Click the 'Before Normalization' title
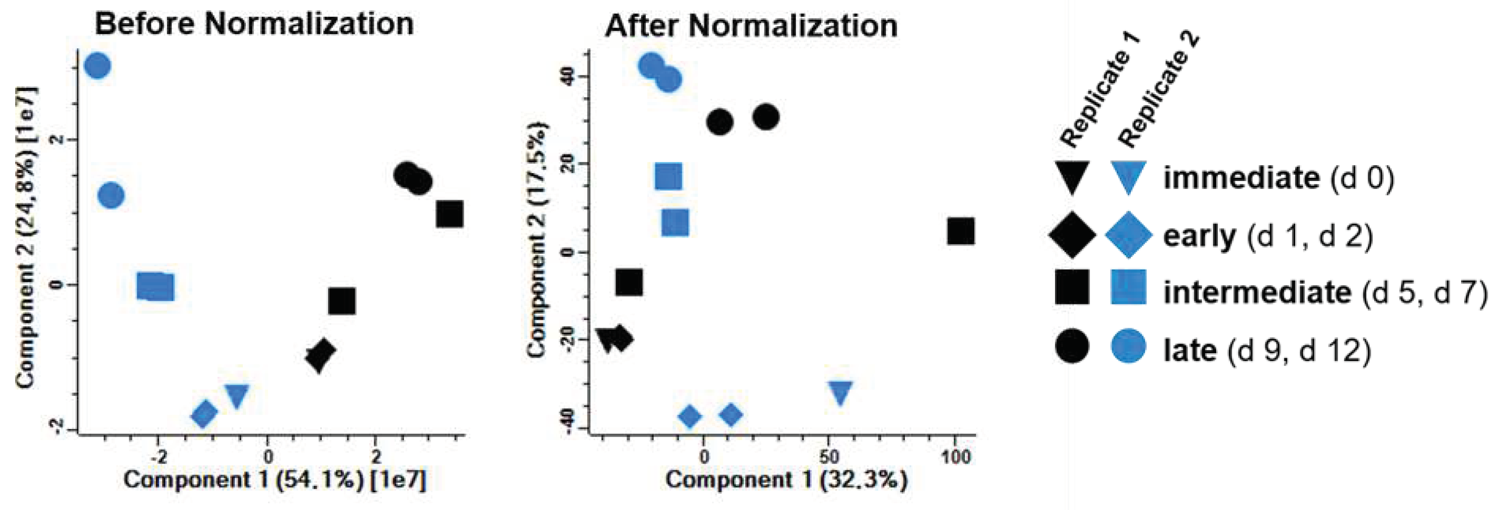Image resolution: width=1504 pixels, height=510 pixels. (x=254, y=25)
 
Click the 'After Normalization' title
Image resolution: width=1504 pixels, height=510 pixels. (x=751, y=26)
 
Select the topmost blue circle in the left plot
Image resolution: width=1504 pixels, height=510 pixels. (x=97, y=66)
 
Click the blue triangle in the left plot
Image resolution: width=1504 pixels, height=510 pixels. (x=237, y=395)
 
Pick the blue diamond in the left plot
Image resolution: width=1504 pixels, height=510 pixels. (x=204, y=414)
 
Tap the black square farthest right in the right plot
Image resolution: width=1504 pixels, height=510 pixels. (x=960, y=232)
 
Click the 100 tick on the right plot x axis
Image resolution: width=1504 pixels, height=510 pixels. (x=955, y=457)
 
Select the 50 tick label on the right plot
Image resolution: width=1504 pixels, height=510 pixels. (x=829, y=457)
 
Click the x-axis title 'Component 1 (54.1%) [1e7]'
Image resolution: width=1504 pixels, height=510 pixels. (x=275, y=480)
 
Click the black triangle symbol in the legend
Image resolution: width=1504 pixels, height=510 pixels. (x=1071, y=177)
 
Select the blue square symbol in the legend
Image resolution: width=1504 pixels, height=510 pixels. (x=1128, y=287)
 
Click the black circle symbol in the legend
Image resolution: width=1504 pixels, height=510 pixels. (x=1072, y=346)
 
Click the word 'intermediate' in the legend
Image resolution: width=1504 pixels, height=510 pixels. (x=1256, y=292)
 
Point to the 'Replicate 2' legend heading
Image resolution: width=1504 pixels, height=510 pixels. (x=1159, y=90)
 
